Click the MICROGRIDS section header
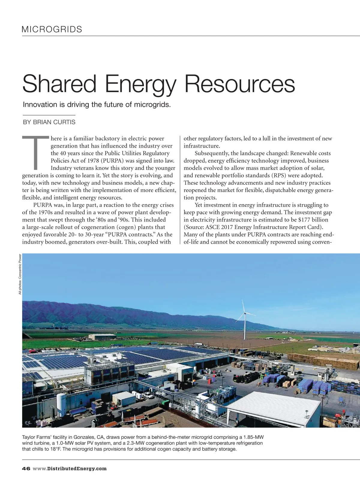(52, 29)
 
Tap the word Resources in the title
(239, 84)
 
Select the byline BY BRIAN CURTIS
(49, 122)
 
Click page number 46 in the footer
(26, 468)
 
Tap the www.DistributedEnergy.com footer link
(70, 468)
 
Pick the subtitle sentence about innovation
(97, 104)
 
